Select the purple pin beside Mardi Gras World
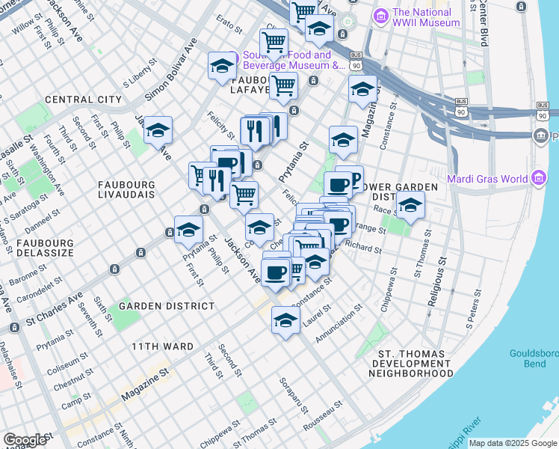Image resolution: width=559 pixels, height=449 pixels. (x=455, y=179)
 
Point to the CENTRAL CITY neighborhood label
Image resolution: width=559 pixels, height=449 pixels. (x=83, y=100)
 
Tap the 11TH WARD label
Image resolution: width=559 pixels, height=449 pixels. (x=162, y=346)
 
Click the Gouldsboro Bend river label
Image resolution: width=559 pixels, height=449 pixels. (x=534, y=358)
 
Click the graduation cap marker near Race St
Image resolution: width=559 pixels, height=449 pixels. (x=410, y=206)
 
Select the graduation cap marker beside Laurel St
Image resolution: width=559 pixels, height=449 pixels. (x=285, y=323)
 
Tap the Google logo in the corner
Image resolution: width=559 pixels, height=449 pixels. (x=25, y=440)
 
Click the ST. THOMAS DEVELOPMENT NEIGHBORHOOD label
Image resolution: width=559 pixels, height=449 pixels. (x=416, y=363)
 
